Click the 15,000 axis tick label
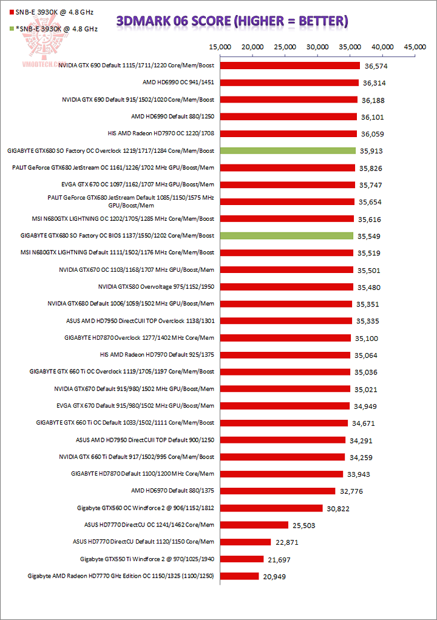[x=220, y=47]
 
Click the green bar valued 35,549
[x=286, y=235]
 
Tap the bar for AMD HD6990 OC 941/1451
[x=289, y=83]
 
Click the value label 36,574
[x=375, y=66]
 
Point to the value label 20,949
[x=274, y=576]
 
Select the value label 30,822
[x=337, y=508]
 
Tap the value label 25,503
[x=303, y=525]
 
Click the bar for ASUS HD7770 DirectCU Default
[x=245, y=542]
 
